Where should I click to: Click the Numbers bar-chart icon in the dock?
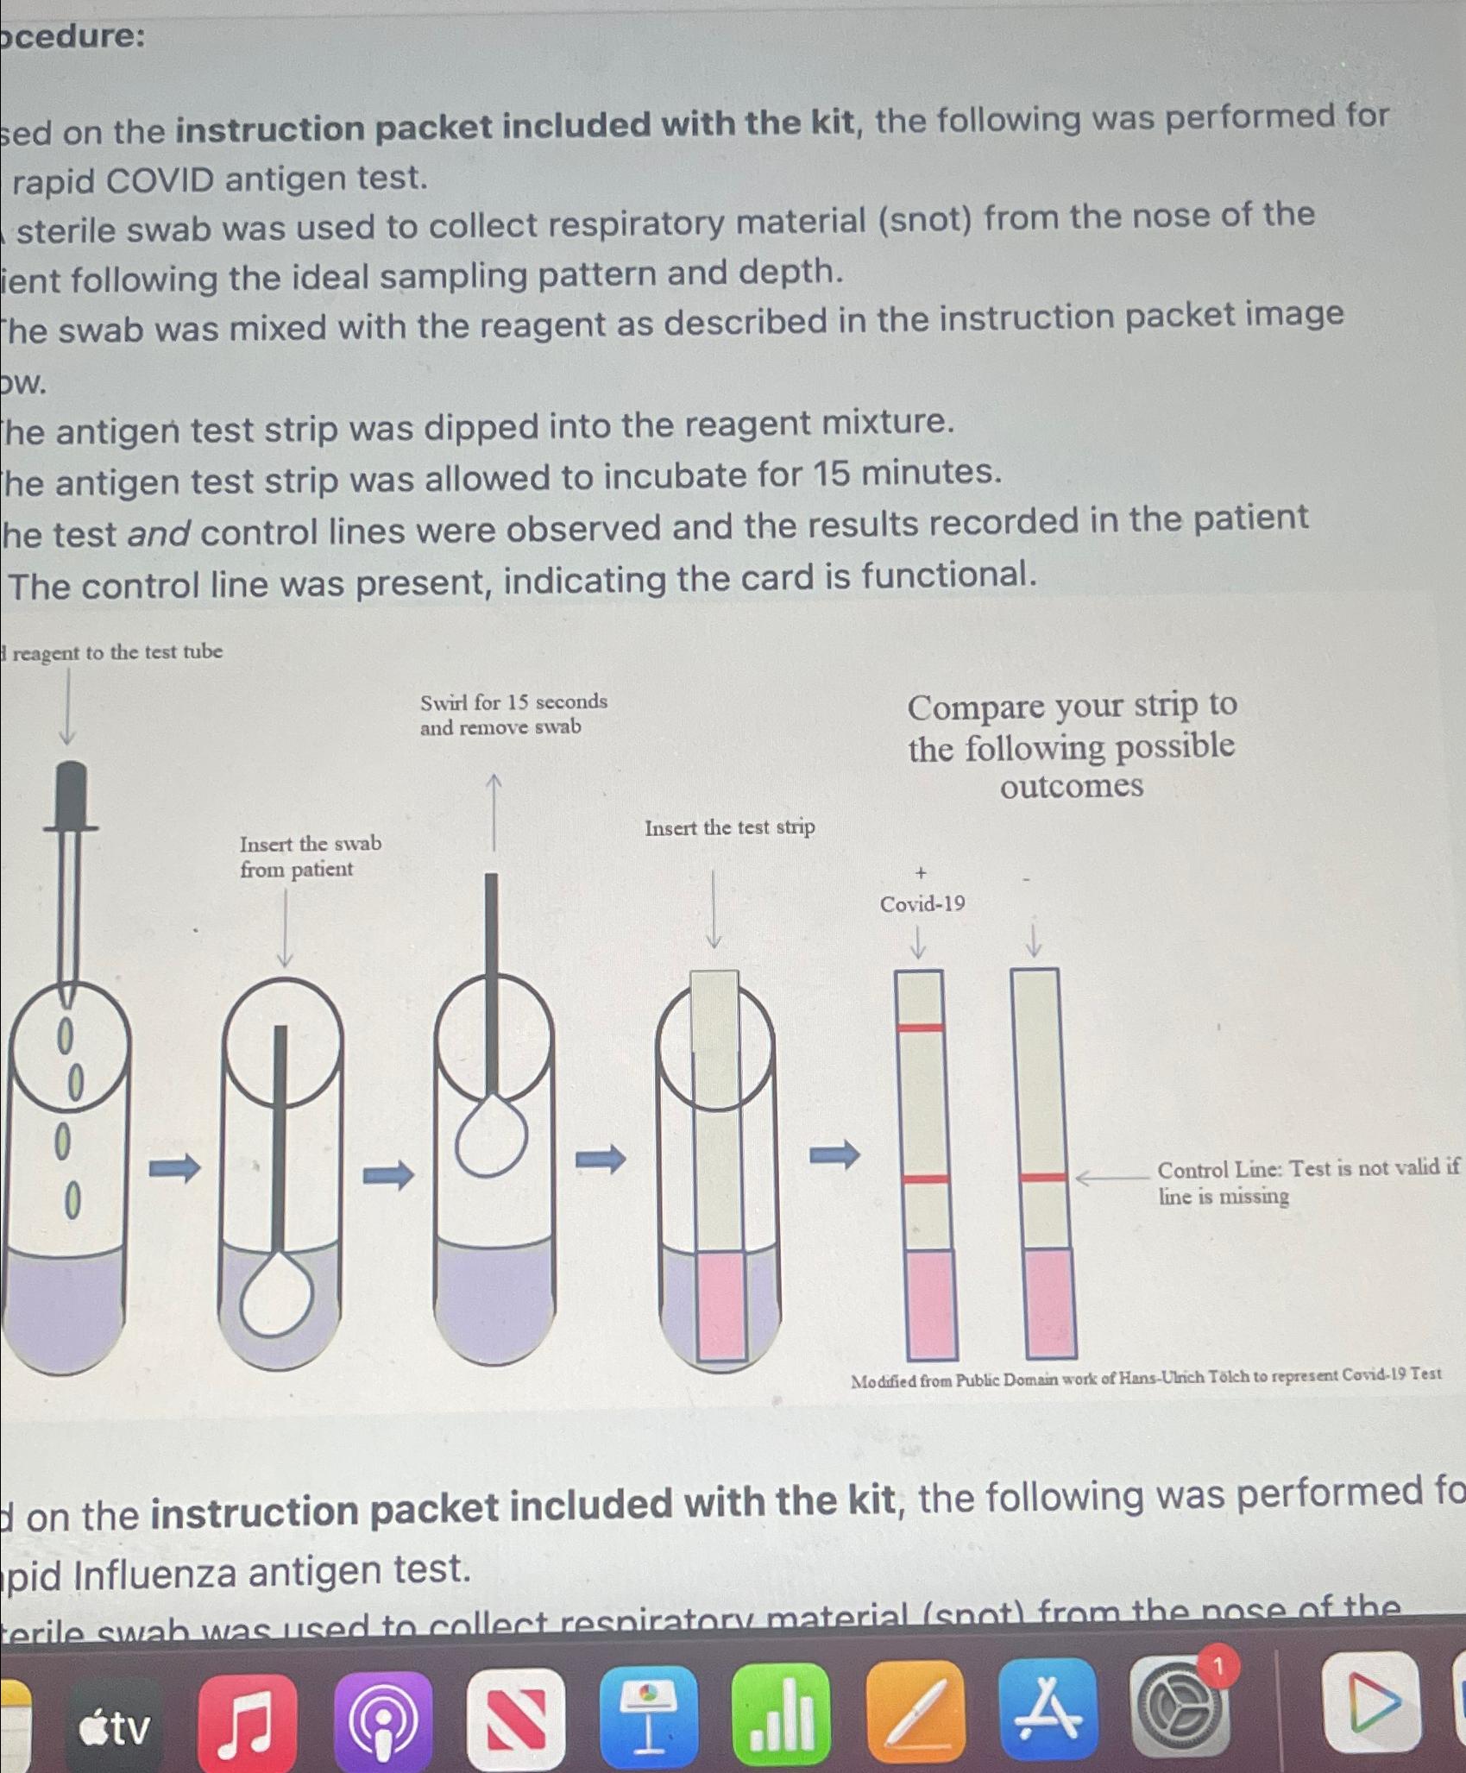pyautogui.click(x=781, y=1713)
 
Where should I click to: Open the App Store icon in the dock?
pyautogui.click(x=1048, y=1708)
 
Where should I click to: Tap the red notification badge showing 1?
pyautogui.click(x=1218, y=1668)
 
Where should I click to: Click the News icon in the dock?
pyautogui.click(x=516, y=1718)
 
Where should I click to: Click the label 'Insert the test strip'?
pyautogui.click(x=729, y=827)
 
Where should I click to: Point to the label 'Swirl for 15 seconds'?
pyautogui.click(x=513, y=701)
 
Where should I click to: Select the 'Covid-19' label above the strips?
pyautogui.click(x=922, y=903)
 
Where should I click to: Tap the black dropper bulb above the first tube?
pyautogui.click(x=71, y=792)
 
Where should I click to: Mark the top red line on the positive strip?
pyautogui.click(x=920, y=1027)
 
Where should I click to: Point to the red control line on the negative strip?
pyautogui.click(x=1042, y=1177)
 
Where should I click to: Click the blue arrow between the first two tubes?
pyautogui.click(x=174, y=1169)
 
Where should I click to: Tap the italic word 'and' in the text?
pyautogui.click(x=158, y=533)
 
